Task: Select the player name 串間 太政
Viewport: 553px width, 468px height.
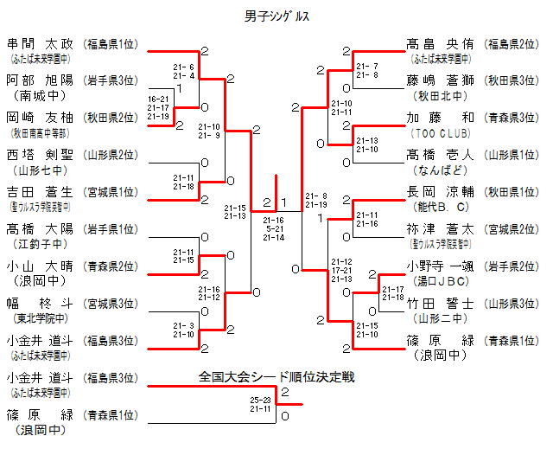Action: pyautogui.click(x=41, y=43)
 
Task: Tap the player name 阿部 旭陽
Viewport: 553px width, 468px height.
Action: pyautogui.click(x=41, y=80)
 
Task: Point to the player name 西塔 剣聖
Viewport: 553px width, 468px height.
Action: pyautogui.click(x=41, y=155)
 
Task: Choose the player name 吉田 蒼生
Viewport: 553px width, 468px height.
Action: pyautogui.click(x=41, y=192)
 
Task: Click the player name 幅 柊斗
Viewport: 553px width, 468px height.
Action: pyautogui.click(x=41, y=304)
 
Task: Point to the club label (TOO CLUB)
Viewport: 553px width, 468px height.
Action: pyautogui.click(x=440, y=133)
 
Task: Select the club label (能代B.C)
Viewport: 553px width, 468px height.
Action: pyautogui.click(x=440, y=208)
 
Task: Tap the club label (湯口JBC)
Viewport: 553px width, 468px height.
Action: pyautogui.click(x=440, y=282)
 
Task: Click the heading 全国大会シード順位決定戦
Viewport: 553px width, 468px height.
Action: pyautogui.click(x=276, y=377)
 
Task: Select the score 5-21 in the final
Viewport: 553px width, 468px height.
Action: pyautogui.click(x=274, y=228)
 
